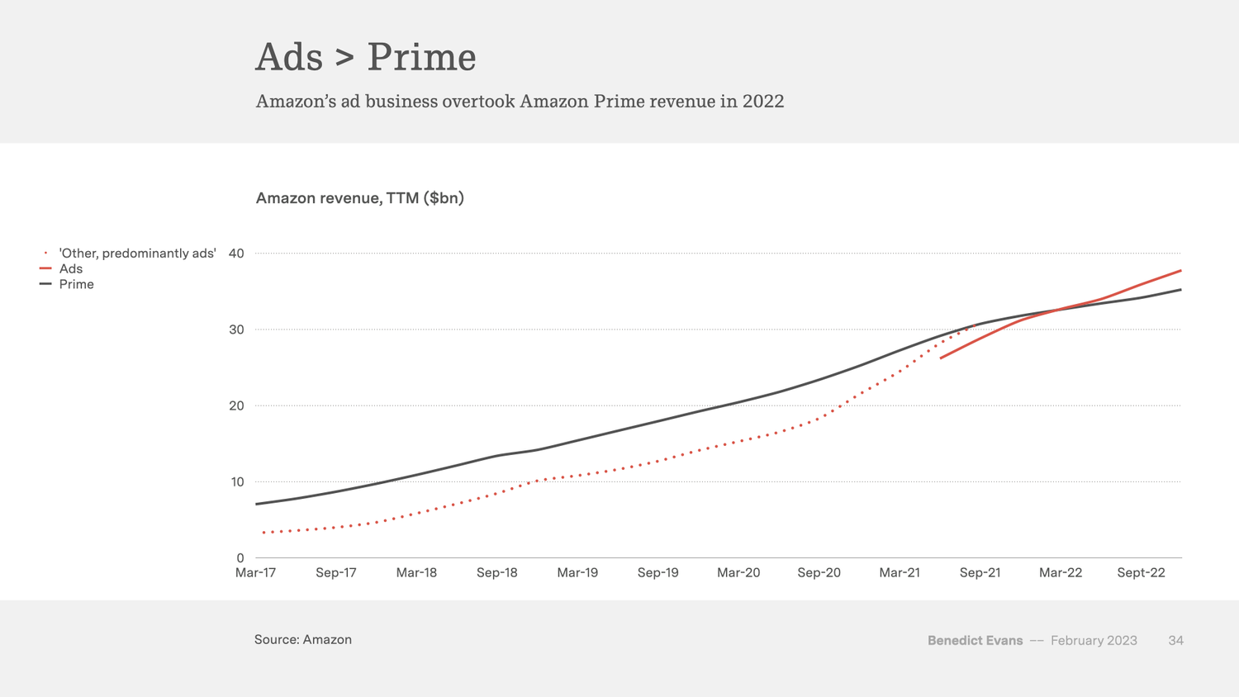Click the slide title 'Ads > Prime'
click(x=365, y=57)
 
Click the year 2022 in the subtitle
click(x=762, y=102)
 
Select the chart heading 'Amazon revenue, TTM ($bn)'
click(x=359, y=198)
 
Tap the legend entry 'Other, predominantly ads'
click(x=137, y=254)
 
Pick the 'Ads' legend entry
click(x=71, y=269)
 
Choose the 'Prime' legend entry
click(x=76, y=285)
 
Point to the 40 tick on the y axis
click(x=236, y=254)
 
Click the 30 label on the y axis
click(x=236, y=330)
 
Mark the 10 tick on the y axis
click(x=236, y=482)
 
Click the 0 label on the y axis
click(x=240, y=558)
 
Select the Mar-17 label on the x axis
click(x=255, y=573)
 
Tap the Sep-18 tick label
click(x=496, y=573)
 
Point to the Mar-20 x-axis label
click(x=738, y=573)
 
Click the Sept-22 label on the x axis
click(x=1141, y=573)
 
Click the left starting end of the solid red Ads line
click(x=942, y=358)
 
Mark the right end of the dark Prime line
click(x=1180, y=290)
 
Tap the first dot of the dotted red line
click(x=263, y=533)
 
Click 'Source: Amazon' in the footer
click(x=303, y=640)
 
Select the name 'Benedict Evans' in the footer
click(x=975, y=641)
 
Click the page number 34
click(x=1175, y=641)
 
